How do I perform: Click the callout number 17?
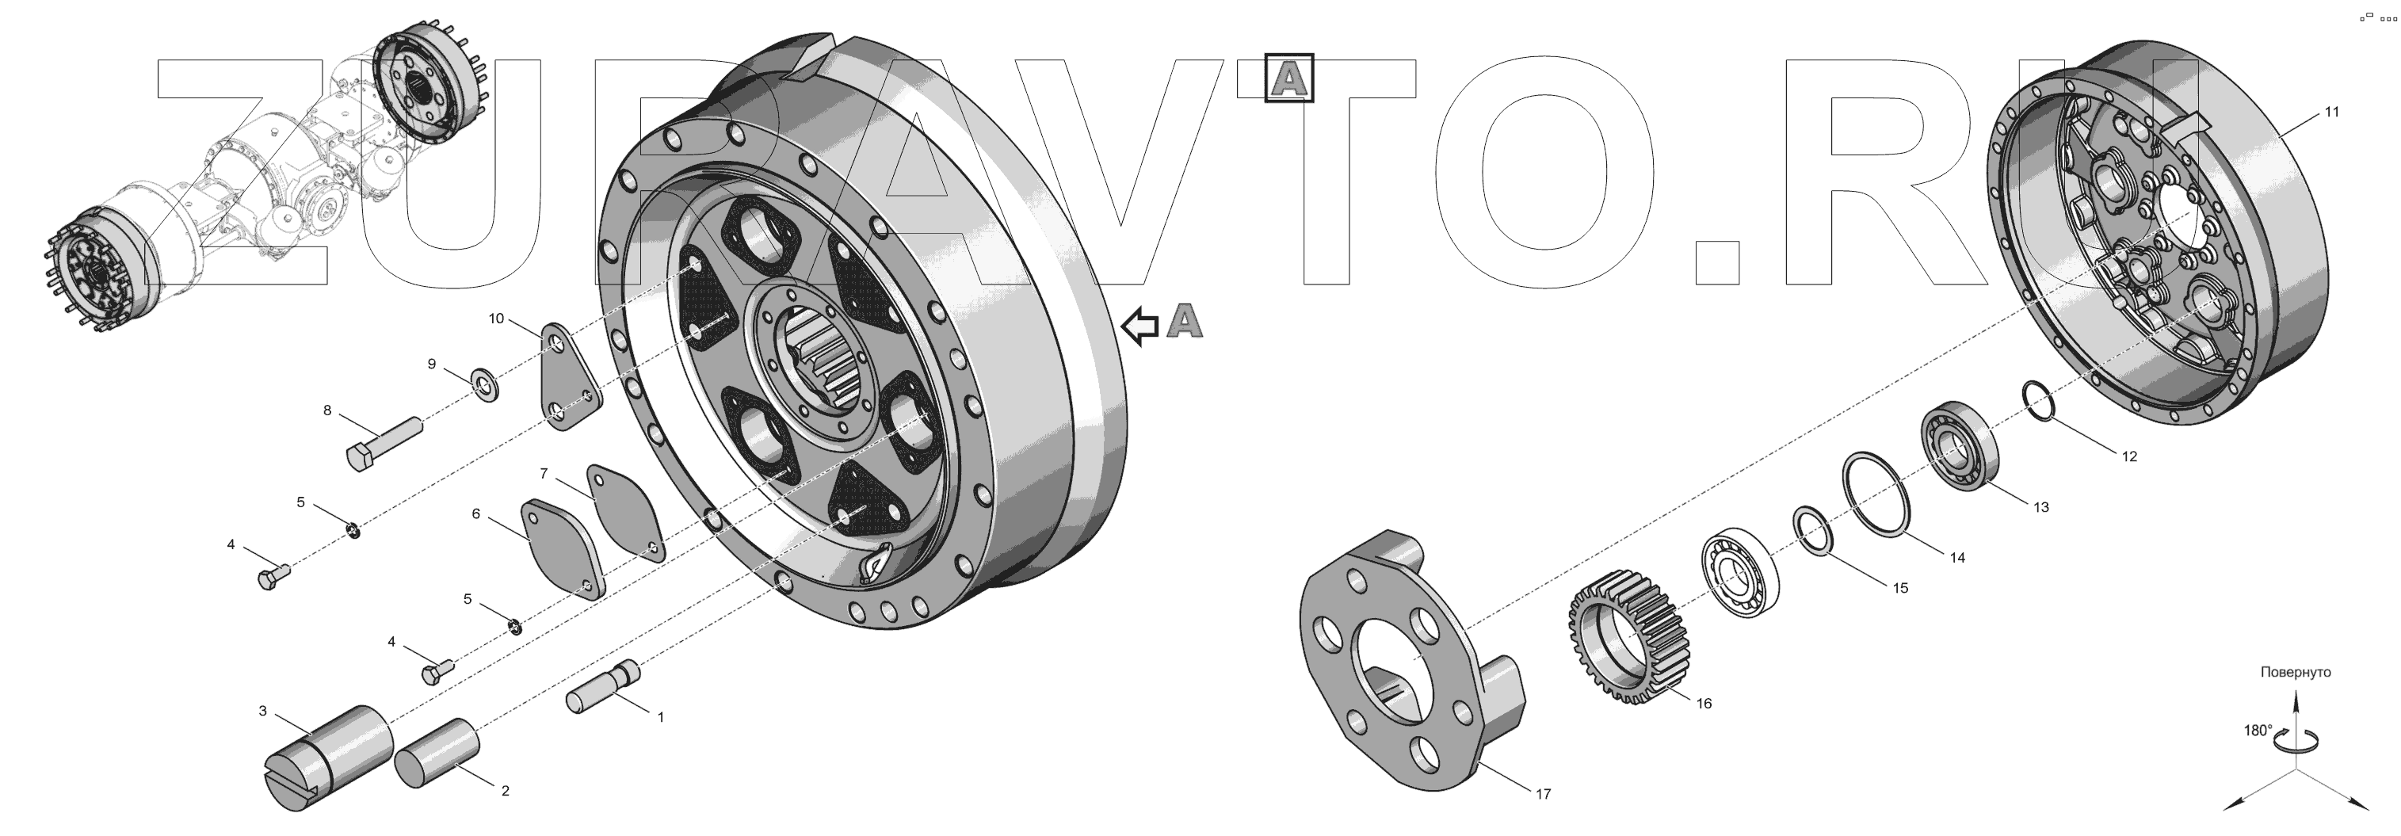pos(1544,794)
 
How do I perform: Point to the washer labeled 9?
pos(486,383)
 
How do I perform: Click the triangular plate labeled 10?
pos(570,377)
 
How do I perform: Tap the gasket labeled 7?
pos(626,513)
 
